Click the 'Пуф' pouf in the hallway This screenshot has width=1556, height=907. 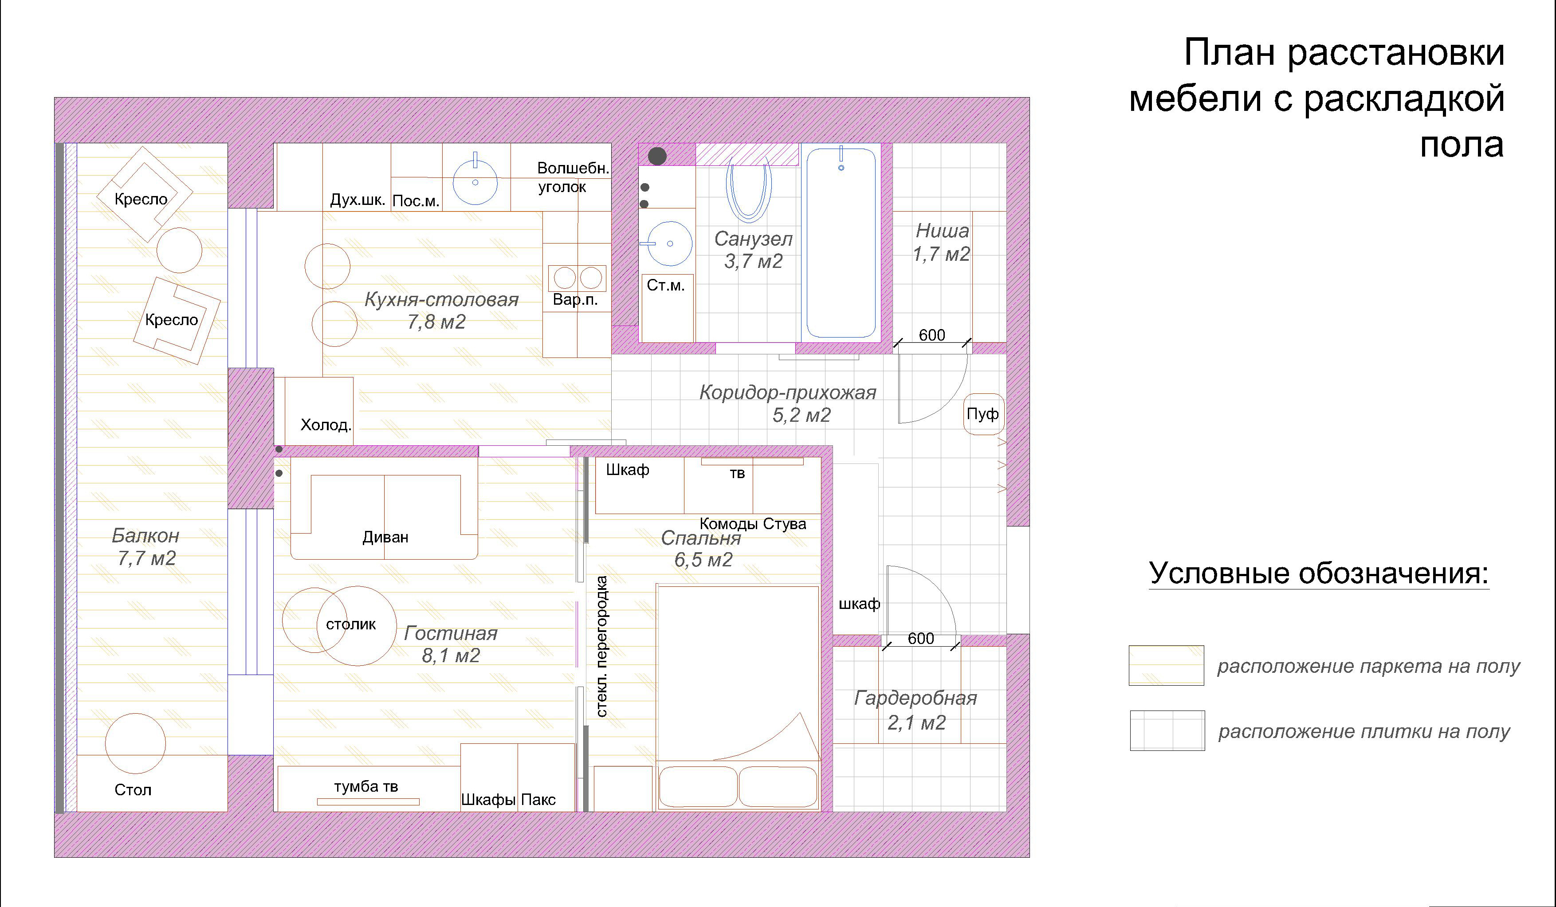click(983, 414)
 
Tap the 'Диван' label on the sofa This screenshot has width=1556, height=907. click(385, 537)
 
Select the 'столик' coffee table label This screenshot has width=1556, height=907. click(351, 624)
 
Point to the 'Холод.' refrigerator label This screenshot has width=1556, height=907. click(326, 425)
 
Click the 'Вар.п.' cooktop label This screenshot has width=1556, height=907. click(575, 300)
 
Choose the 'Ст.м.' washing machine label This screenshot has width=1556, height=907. click(666, 285)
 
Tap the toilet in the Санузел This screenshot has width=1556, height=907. click(748, 188)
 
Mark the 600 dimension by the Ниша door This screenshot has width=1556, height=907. click(932, 335)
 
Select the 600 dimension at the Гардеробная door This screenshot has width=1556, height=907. click(921, 638)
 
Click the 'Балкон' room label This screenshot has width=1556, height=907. click(145, 535)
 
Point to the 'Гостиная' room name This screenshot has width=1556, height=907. click(451, 633)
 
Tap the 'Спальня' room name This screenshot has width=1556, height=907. click(701, 538)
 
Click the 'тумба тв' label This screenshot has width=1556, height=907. click(366, 787)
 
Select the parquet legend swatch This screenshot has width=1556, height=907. click(1167, 666)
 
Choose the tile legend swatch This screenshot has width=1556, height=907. click(1167, 730)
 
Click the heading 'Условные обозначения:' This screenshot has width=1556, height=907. click(1319, 573)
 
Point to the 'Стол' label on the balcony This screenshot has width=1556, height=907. click(133, 790)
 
